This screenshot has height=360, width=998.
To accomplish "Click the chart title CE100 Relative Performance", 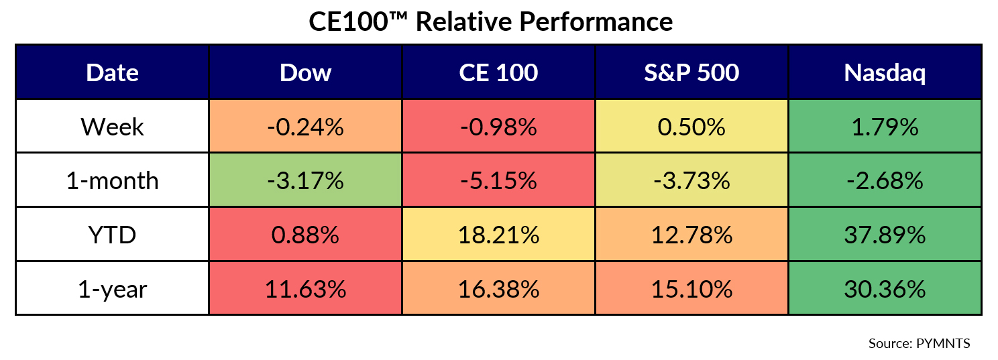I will point(490,22).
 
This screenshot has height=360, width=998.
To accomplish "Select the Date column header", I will point(112,72).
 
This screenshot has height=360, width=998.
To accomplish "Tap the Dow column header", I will point(305,72).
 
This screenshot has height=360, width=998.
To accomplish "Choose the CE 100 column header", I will point(498,72).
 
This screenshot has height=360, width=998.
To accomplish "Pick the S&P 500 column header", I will point(691,72).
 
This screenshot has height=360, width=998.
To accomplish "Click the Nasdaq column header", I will point(885,72).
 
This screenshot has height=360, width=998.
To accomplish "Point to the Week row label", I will point(112,127).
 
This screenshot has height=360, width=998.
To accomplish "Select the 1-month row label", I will point(112,180).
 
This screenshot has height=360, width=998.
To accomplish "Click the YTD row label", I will point(112,235).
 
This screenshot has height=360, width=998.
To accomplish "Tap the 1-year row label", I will point(112,288).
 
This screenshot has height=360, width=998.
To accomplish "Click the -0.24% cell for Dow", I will point(305,127).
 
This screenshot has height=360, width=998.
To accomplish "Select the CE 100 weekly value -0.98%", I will point(498,127).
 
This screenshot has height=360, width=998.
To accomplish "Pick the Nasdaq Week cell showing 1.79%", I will point(885,127).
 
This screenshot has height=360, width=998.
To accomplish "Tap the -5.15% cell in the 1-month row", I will point(498,180).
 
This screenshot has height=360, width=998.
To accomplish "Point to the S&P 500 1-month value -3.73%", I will point(691,180).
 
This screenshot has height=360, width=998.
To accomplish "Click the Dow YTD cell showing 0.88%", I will point(305,235).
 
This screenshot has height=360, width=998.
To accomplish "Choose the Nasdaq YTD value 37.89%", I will point(885,235).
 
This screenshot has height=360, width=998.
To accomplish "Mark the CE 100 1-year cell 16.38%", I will point(498,288).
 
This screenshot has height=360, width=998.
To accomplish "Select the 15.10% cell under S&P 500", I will point(691,288).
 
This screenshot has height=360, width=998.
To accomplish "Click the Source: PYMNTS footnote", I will point(919,343).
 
